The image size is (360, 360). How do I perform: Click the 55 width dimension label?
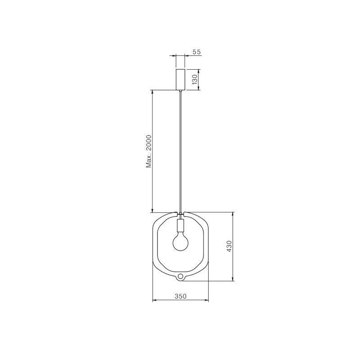point(197,52)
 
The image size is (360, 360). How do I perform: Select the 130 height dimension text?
point(195,80)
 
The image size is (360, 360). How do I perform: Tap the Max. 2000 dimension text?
point(149,151)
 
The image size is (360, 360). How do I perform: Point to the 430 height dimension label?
point(229,246)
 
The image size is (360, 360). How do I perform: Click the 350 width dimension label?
point(181,296)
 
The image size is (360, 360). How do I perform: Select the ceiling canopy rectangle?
point(180,79)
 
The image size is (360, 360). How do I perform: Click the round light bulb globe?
point(180,243)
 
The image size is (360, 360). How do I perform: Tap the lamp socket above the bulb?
point(180,226)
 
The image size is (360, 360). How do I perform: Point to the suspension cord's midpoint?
point(180,152)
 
